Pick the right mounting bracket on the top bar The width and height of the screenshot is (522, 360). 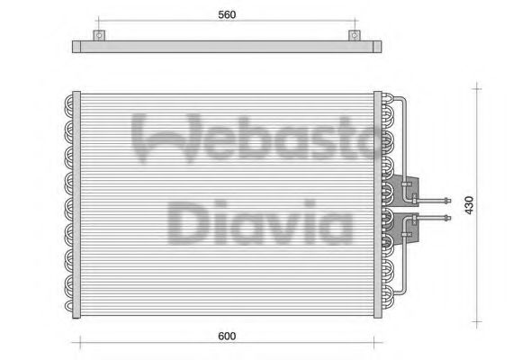tap(355, 38)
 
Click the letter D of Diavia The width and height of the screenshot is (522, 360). tap(190, 220)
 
